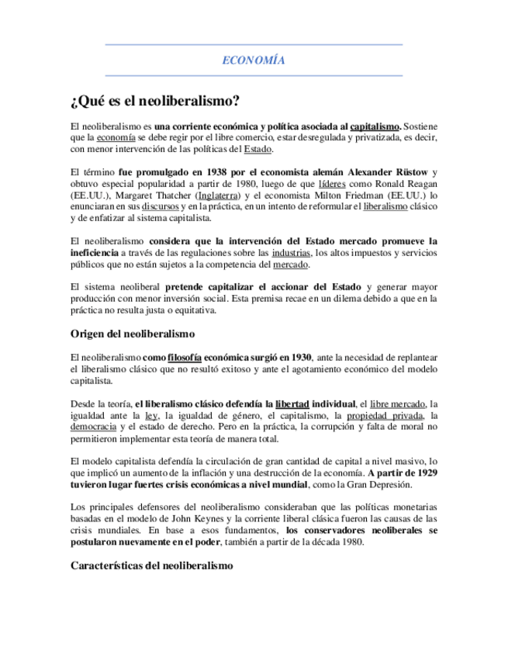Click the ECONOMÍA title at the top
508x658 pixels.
[x=254, y=60]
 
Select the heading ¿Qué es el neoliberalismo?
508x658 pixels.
[x=154, y=101]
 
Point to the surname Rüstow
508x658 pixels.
[x=410, y=171]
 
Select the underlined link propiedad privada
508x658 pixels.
[x=381, y=416]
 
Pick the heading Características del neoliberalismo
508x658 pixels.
[x=151, y=567]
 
